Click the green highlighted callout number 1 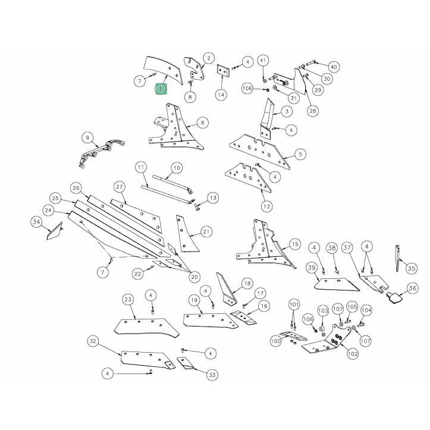point(161,89)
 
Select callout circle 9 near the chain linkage point(87,137)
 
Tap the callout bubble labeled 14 point(221,95)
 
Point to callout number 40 point(334,67)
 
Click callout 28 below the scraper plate point(313,111)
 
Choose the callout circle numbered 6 point(203,123)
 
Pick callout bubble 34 point(36,222)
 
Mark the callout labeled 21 point(206,232)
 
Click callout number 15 point(295,244)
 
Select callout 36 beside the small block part point(412,288)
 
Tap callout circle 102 point(353,354)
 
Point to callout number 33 point(212,375)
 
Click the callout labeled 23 point(128,299)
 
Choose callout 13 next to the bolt point(213,198)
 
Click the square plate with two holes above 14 point(223,71)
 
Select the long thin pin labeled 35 point(397,258)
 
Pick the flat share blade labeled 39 point(337,285)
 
